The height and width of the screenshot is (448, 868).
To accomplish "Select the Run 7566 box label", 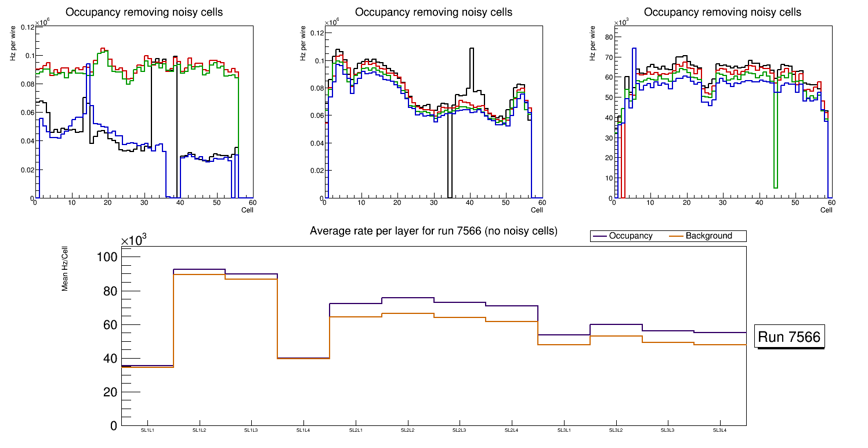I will [789, 337].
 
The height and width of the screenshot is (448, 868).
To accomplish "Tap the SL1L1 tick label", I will [147, 430].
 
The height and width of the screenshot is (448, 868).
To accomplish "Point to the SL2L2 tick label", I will [407, 430].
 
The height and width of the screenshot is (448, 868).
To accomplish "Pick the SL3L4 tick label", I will [719, 430].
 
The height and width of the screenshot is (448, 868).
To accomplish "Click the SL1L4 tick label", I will [303, 430].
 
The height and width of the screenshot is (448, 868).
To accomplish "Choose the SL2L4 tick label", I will [511, 430].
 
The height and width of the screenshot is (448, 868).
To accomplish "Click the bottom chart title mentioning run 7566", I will [433, 231].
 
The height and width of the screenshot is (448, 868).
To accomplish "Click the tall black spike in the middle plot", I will [472, 49].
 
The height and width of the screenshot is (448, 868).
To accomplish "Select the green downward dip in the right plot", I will [776, 187].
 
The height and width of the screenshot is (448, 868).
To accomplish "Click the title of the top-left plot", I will [144, 12].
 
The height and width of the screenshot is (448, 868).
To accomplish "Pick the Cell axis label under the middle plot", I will [537, 209].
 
